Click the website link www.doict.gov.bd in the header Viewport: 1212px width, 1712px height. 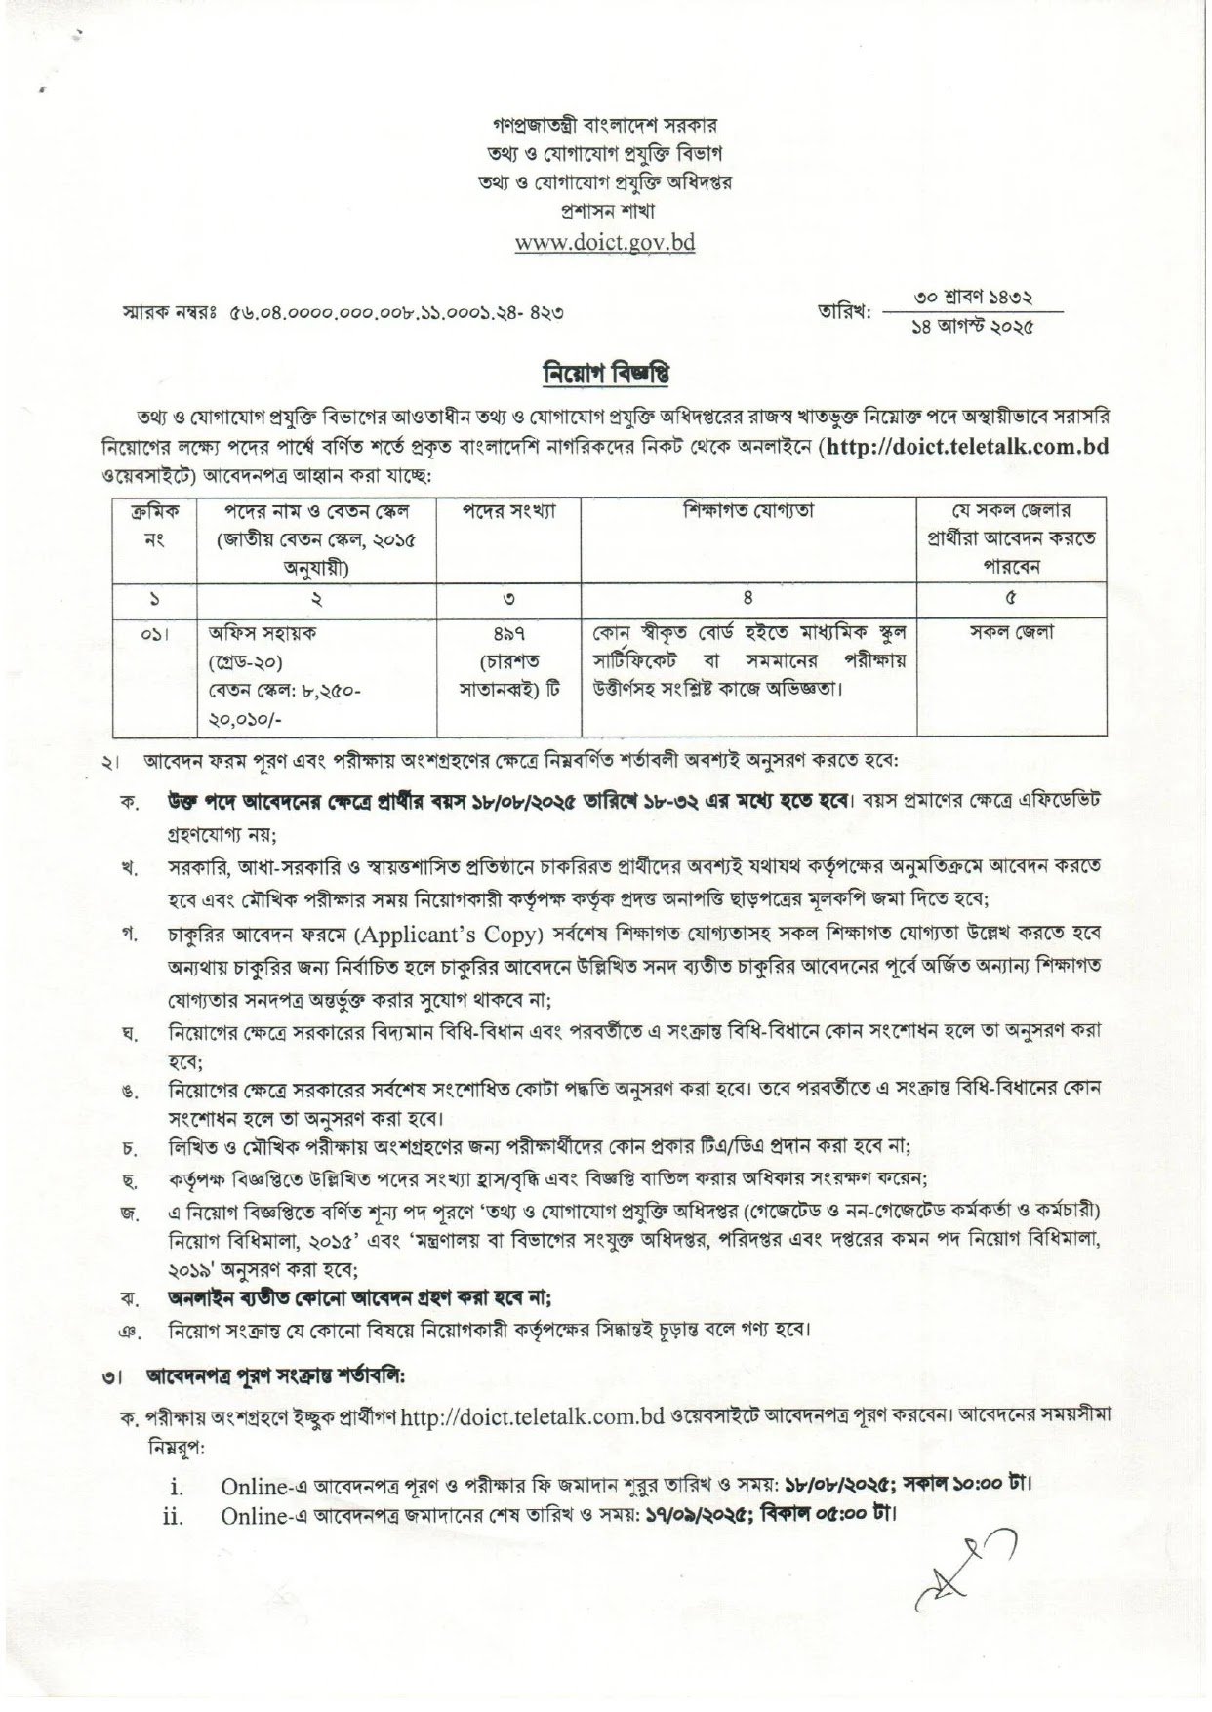pyautogui.click(x=605, y=242)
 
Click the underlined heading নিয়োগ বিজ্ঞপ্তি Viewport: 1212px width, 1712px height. pyautogui.click(x=605, y=375)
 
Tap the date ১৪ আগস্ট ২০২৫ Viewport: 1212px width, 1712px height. pyautogui.click(x=971, y=326)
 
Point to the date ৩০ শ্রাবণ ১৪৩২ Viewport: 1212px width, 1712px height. pyautogui.click(x=971, y=296)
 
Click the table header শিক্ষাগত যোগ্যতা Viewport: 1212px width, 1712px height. pyautogui.click(x=748, y=510)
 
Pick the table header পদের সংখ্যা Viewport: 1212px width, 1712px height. pyautogui.click(x=507, y=510)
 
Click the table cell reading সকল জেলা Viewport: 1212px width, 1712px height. pyautogui.click(x=1011, y=632)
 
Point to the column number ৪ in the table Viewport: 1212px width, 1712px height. pyautogui.click(x=748, y=598)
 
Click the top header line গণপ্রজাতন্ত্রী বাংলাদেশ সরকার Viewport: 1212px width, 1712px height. pyautogui.click(x=605, y=126)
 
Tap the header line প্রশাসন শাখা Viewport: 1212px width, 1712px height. pyautogui.click(x=605, y=210)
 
